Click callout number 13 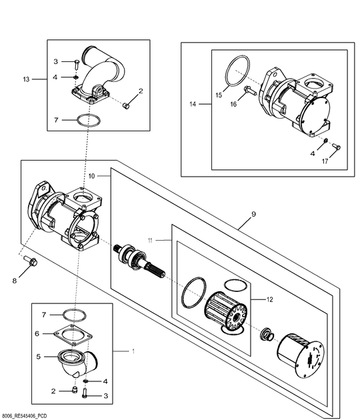[x=26, y=79]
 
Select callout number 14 [x=193, y=104]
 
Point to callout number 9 [x=253, y=215]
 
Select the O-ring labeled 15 [x=237, y=71]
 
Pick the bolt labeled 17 [x=336, y=146]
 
